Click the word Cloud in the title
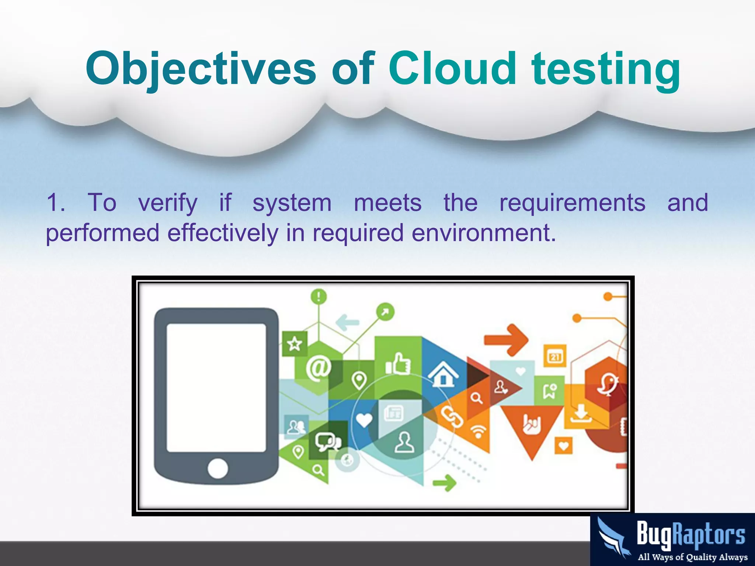pos(452,69)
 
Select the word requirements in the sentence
pos(572,203)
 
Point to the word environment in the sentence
pos(483,233)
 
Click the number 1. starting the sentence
pos(56,203)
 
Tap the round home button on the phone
pos(218,469)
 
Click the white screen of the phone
pos(216,388)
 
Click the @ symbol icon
pos(318,368)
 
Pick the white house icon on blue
pos(443,374)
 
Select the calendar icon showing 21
pos(555,356)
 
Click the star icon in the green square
pos(295,344)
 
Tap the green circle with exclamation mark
pos(319,296)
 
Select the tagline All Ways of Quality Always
pos(692,557)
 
